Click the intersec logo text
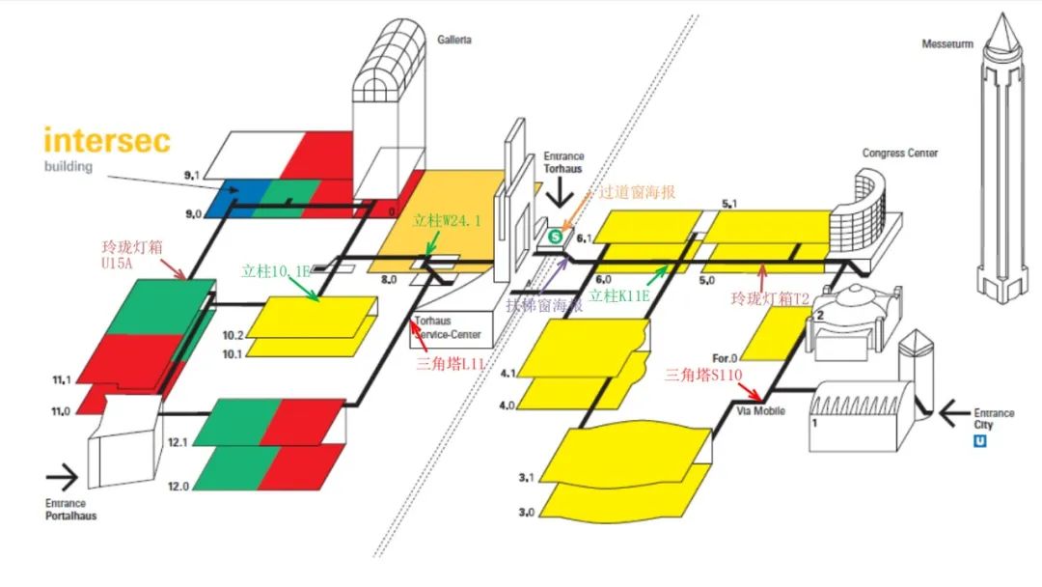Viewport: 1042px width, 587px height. pyautogui.click(x=107, y=140)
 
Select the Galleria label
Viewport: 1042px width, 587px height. pyautogui.click(x=454, y=41)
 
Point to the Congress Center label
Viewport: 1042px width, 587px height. pyautogui.click(x=899, y=153)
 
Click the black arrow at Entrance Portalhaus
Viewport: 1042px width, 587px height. pyautogui.click(x=63, y=476)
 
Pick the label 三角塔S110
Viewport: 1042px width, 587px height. pyautogui.click(x=704, y=374)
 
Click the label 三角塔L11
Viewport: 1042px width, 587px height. pyautogui.click(x=448, y=363)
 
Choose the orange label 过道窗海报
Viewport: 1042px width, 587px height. pyautogui.click(x=639, y=192)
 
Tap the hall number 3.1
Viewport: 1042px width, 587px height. pyautogui.click(x=526, y=478)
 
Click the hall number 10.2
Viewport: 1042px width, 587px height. pyautogui.click(x=233, y=335)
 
